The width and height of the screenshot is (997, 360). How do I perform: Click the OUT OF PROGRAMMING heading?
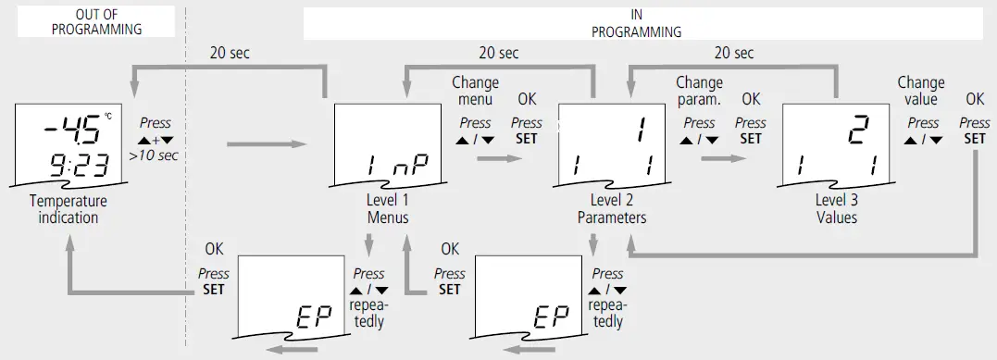pyautogui.click(x=96, y=21)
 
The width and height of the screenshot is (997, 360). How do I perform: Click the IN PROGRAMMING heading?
pyautogui.click(x=636, y=22)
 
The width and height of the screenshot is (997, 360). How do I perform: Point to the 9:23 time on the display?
pyautogui.click(x=80, y=167)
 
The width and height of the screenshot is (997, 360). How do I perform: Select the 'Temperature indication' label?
pyautogui.click(x=69, y=209)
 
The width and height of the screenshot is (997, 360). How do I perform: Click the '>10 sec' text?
pyautogui.click(x=154, y=155)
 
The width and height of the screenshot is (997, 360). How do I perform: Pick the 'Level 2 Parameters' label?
pyautogui.click(x=612, y=209)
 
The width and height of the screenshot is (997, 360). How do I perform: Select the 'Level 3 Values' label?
pyautogui.click(x=836, y=209)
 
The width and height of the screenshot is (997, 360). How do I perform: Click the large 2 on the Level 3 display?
pyautogui.click(x=861, y=133)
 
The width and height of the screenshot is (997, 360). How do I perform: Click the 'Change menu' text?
pyautogui.click(x=475, y=91)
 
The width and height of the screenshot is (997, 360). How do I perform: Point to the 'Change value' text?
pyautogui.click(x=921, y=91)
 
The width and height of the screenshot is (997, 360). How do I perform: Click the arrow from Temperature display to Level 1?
pyautogui.click(x=266, y=143)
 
